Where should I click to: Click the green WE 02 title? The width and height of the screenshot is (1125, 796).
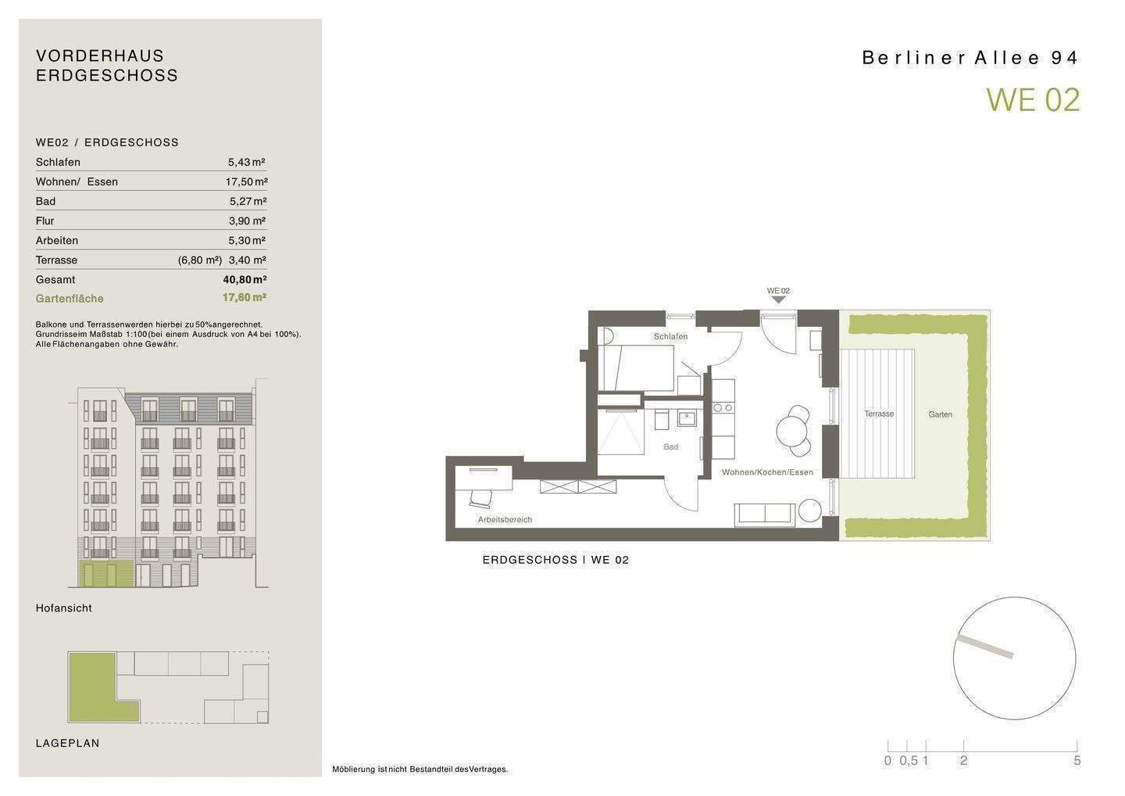pyautogui.click(x=1033, y=100)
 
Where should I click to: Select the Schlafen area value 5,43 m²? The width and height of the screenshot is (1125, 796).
pyautogui.click(x=247, y=163)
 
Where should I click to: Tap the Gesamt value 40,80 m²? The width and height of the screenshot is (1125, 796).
pyautogui.click(x=245, y=279)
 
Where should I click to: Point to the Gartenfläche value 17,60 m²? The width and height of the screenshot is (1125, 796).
pyautogui.click(x=244, y=297)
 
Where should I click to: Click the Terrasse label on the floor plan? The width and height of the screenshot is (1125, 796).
pyautogui.click(x=879, y=414)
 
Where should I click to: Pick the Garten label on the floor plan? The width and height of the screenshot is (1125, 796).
pyautogui.click(x=940, y=414)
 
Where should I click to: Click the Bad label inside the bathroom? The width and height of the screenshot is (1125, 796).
pyautogui.click(x=671, y=446)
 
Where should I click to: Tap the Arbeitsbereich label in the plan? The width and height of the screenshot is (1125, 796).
pyautogui.click(x=505, y=520)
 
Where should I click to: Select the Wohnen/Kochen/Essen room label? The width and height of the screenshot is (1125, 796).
pyautogui.click(x=767, y=472)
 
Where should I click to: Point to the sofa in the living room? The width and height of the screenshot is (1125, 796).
pyautogui.click(x=764, y=515)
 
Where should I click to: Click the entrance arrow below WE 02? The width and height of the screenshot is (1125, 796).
pyautogui.click(x=778, y=299)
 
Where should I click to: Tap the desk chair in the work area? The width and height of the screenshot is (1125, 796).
pyautogui.click(x=481, y=498)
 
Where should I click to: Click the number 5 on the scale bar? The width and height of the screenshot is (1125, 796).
pyautogui.click(x=1077, y=761)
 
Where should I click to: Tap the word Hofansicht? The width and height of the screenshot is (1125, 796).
pyautogui.click(x=64, y=608)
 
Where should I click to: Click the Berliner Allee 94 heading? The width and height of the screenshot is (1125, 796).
pyautogui.click(x=970, y=58)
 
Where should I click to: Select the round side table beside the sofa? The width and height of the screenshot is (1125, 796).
pyautogui.click(x=810, y=511)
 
